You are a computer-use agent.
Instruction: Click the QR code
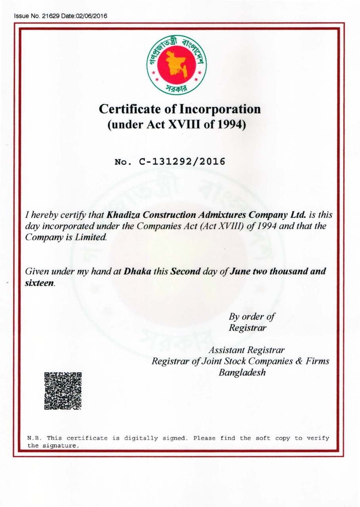pyautogui.click(x=63, y=391)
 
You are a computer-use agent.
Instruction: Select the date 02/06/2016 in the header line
pyautogui.click(x=94, y=16)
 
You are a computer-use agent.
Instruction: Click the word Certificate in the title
pyautogui.click(x=127, y=109)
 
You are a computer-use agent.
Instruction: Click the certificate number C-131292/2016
pyautogui.click(x=182, y=162)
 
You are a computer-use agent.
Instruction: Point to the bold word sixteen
pyautogui.click(x=39, y=284)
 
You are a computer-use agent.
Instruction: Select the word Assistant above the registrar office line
pyautogui.click(x=227, y=351)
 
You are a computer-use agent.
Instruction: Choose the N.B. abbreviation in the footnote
pyautogui.click(x=34, y=438)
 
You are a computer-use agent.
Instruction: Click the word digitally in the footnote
pyautogui.click(x=140, y=438)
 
